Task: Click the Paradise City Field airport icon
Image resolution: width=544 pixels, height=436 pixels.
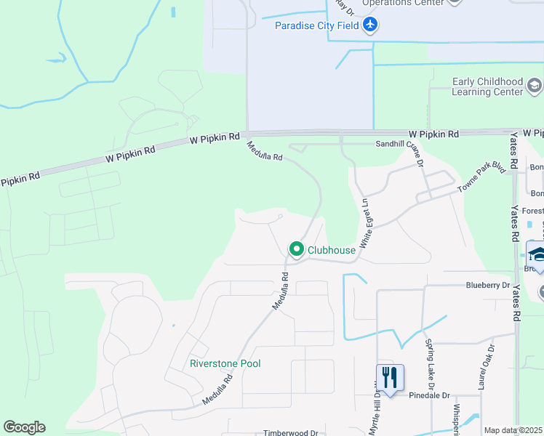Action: [370, 25]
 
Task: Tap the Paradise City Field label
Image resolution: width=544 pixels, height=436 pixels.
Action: [316, 26]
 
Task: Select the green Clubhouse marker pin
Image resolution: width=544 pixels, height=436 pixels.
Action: [297, 249]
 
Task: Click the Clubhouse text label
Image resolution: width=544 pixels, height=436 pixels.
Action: [332, 250]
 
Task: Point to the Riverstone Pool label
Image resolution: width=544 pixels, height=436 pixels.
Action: [225, 363]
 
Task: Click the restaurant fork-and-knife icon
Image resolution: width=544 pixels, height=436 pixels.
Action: [390, 377]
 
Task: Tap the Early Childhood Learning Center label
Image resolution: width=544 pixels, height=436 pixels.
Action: [487, 86]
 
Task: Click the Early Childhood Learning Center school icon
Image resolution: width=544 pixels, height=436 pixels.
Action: [534, 86]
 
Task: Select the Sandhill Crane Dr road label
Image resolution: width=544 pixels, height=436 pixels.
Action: [399, 145]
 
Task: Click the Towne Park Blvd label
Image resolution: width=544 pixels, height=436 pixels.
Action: [481, 177]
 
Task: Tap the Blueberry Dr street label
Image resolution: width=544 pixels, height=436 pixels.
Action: [488, 286]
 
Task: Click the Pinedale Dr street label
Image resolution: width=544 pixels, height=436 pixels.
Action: [429, 396]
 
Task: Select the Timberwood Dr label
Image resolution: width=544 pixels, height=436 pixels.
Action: [291, 432]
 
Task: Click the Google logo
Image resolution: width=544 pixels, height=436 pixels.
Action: [24, 427]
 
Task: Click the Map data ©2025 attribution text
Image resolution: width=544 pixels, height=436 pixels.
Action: [513, 430]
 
